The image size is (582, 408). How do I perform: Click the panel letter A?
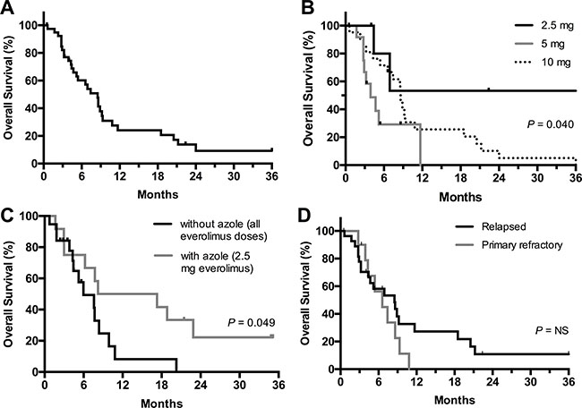coord(7,7)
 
